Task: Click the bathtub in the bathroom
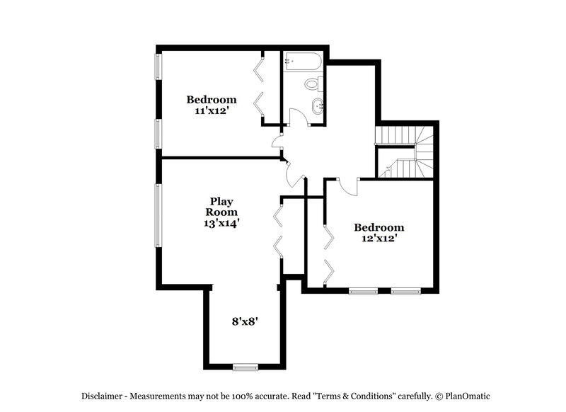(x=302, y=62)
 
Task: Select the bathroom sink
(x=318, y=108)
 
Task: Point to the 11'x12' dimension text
(x=212, y=110)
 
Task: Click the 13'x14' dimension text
(x=221, y=222)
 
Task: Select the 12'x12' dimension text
(x=379, y=239)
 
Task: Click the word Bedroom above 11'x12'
(x=212, y=99)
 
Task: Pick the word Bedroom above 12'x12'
(x=379, y=227)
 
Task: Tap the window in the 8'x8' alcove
(x=246, y=366)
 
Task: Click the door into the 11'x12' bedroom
(x=277, y=142)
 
